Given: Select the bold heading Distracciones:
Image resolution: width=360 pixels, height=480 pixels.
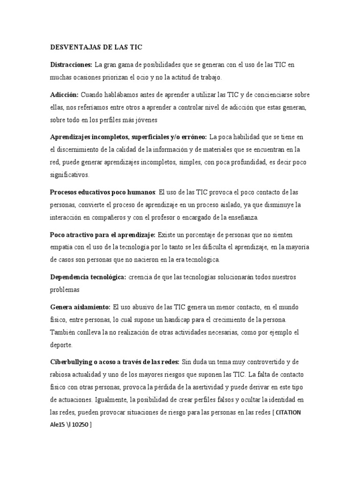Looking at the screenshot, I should tap(71, 64).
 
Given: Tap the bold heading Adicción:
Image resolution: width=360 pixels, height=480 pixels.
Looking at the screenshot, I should tap(64, 95).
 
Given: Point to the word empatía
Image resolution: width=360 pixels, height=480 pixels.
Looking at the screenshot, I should tap(64, 247).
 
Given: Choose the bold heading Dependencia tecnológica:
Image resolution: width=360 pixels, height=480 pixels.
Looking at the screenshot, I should tap(88, 277).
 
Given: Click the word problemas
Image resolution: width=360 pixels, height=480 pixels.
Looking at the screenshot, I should tap(66, 290).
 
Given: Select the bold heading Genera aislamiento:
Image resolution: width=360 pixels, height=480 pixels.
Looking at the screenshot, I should tap(81, 307).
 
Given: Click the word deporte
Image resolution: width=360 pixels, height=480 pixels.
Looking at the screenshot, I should tap(61, 345).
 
